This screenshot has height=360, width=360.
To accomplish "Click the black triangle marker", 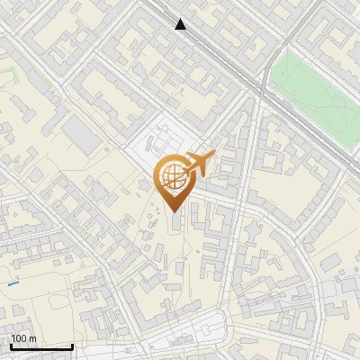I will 181,24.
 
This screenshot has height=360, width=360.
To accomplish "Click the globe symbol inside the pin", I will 171,176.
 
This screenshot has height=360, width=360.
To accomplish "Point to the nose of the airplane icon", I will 213,155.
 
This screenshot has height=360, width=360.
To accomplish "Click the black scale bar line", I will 40,346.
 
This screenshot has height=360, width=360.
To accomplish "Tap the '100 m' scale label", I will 24,338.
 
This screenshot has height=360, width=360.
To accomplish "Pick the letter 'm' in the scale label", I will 32,338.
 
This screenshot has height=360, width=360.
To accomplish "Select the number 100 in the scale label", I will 19,338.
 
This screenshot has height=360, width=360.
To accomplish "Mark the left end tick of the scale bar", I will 10,345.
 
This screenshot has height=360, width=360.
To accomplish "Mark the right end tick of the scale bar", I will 72,345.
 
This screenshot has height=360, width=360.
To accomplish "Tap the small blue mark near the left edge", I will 13,283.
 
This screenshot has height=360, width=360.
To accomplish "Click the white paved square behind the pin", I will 157,144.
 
